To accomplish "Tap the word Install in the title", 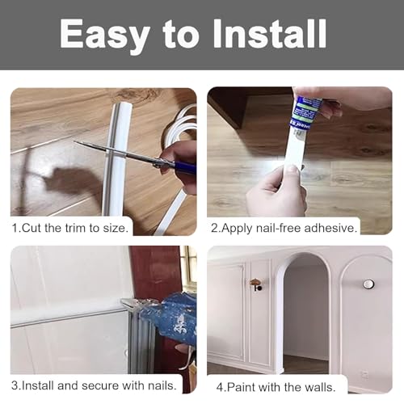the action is pyautogui.click(x=270, y=34).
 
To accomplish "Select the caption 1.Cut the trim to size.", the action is pyautogui.click(x=70, y=228).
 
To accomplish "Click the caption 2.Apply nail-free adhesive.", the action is pyautogui.click(x=284, y=228).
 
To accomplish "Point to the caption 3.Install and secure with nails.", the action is pyautogui.click(x=94, y=385).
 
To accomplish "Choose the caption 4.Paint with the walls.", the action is pyautogui.click(x=276, y=387).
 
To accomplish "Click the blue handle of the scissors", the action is pyautogui.click(x=185, y=167).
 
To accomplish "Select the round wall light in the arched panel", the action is pyautogui.click(x=368, y=284).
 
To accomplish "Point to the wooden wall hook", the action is pyautogui.click(x=256, y=284).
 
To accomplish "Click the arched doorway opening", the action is pyautogui.click(x=305, y=313).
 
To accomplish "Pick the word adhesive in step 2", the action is pyautogui.click(x=330, y=228).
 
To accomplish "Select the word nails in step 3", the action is pyautogui.click(x=162, y=385).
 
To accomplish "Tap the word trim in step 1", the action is pyautogui.click(x=76, y=228).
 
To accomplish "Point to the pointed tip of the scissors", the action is pyautogui.click(x=74, y=141).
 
